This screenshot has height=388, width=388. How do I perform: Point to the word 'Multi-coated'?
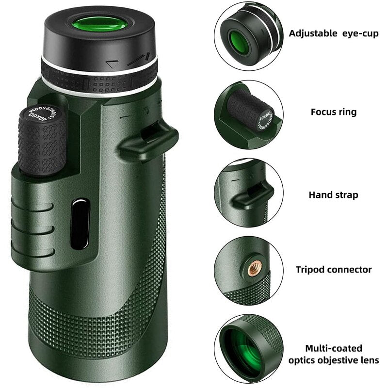coord(334,348)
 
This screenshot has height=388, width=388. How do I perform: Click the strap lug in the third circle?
coord(250,194)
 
